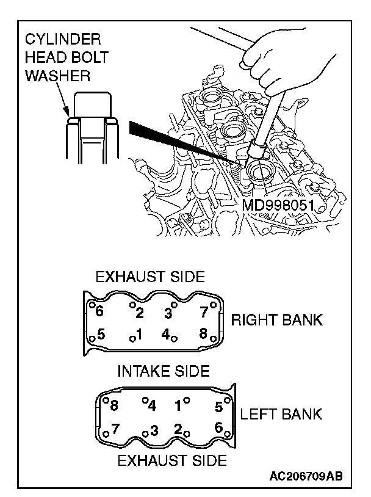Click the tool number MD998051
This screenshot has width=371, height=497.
pyautogui.click(x=278, y=204)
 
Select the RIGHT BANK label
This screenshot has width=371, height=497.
pyautogui.click(x=276, y=320)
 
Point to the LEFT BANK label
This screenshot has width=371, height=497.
pyautogui.click(x=281, y=415)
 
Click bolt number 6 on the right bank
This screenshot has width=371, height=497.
pyautogui.click(x=100, y=311)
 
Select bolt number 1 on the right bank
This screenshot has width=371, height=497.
pyautogui.click(x=139, y=335)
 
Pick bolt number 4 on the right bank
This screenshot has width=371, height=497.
pyautogui.click(x=165, y=335)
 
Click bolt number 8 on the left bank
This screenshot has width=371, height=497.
pyautogui.click(x=113, y=405)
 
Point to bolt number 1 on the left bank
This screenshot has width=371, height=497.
pyautogui.click(x=178, y=405)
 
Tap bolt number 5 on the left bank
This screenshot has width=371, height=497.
pyautogui.click(x=218, y=406)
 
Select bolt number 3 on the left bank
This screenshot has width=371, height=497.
pyautogui.click(x=154, y=430)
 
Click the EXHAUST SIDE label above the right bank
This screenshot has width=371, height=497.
pyautogui.click(x=149, y=277)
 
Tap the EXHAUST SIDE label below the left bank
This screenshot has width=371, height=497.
pyautogui.click(x=172, y=459)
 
